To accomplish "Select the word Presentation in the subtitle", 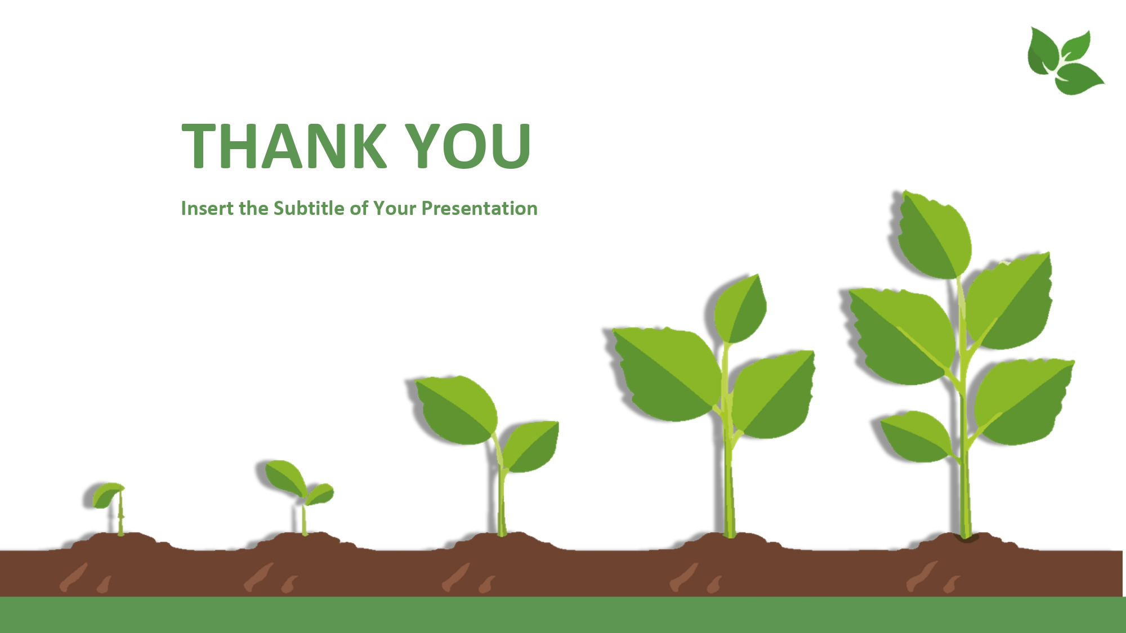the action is [480, 209].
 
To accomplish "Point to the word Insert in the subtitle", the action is [207, 209].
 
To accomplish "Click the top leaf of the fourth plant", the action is [740, 309].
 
